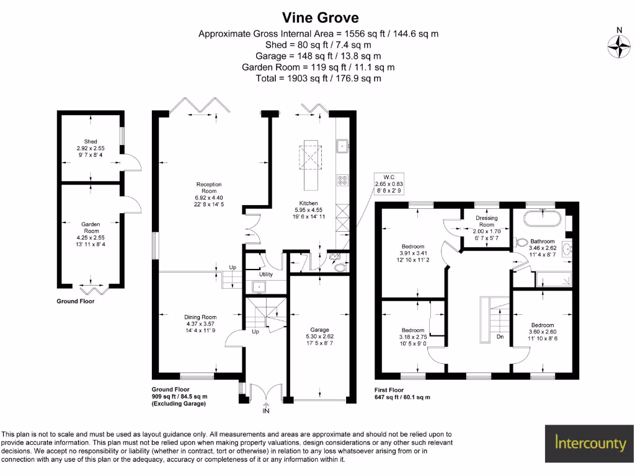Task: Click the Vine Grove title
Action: pos(320,17)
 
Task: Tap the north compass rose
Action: pos(618,47)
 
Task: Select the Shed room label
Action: pos(90,142)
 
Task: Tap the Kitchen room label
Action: pos(308,203)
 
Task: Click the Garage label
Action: pos(319,330)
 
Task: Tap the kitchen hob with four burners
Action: pos(342,180)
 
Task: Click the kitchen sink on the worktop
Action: pos(342,146)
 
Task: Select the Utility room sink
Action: pos(257,286)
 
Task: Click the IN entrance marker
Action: pos(266,410)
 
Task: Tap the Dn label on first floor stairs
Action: pos(499,337)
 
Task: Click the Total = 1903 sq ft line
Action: pos(318,79)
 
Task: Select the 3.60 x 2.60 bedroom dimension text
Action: pos(542,332)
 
